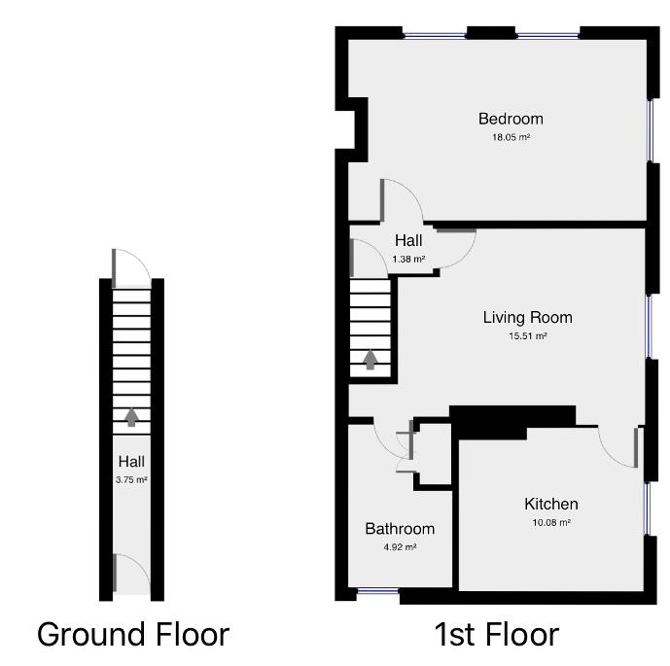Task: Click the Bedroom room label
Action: (511, 119)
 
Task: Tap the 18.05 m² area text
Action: (511, 137)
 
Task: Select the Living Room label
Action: (527, 317)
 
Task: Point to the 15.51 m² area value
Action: (527, 336)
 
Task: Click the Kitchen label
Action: (550, 504)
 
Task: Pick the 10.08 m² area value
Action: (550, 522)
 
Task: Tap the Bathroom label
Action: (400, 529)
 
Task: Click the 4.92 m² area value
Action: (400, 547)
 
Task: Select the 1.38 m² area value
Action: (408, 260)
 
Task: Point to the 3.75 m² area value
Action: (131, 479)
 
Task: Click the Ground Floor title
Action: (133, 635)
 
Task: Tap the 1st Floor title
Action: (496, 635)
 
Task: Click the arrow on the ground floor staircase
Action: (131, 417)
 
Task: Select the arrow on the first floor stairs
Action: (370, 360)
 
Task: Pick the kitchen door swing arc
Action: (617, 447)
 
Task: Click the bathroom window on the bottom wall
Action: (376, 591)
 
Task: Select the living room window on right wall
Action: (650, 326)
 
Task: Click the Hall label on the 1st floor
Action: (408, 241)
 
